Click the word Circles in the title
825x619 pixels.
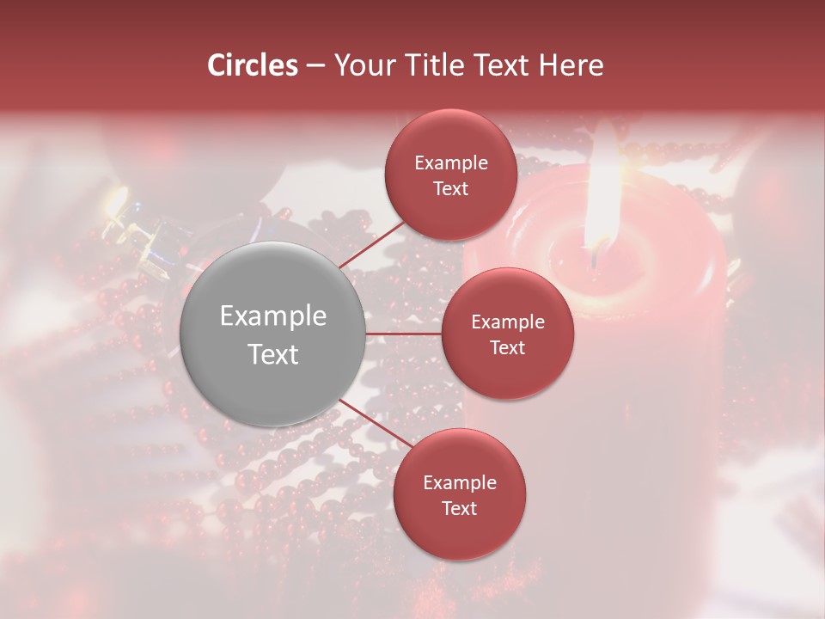pos(252,65)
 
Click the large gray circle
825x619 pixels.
pos(272,334)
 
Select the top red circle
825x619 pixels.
pos(450,175)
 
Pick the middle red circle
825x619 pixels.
pos(507,334)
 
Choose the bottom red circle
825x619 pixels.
pos(459,494)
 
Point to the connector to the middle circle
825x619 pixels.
pos(404,334)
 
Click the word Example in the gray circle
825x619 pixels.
pos(272,316)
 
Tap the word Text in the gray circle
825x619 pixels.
pos(272,354)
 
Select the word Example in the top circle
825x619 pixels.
pos(450,163)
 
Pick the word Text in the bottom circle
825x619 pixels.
pos(459,509)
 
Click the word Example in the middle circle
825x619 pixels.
pos(507,322)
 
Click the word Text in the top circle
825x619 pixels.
pos(450,188)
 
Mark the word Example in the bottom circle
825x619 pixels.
pos(459,483)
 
